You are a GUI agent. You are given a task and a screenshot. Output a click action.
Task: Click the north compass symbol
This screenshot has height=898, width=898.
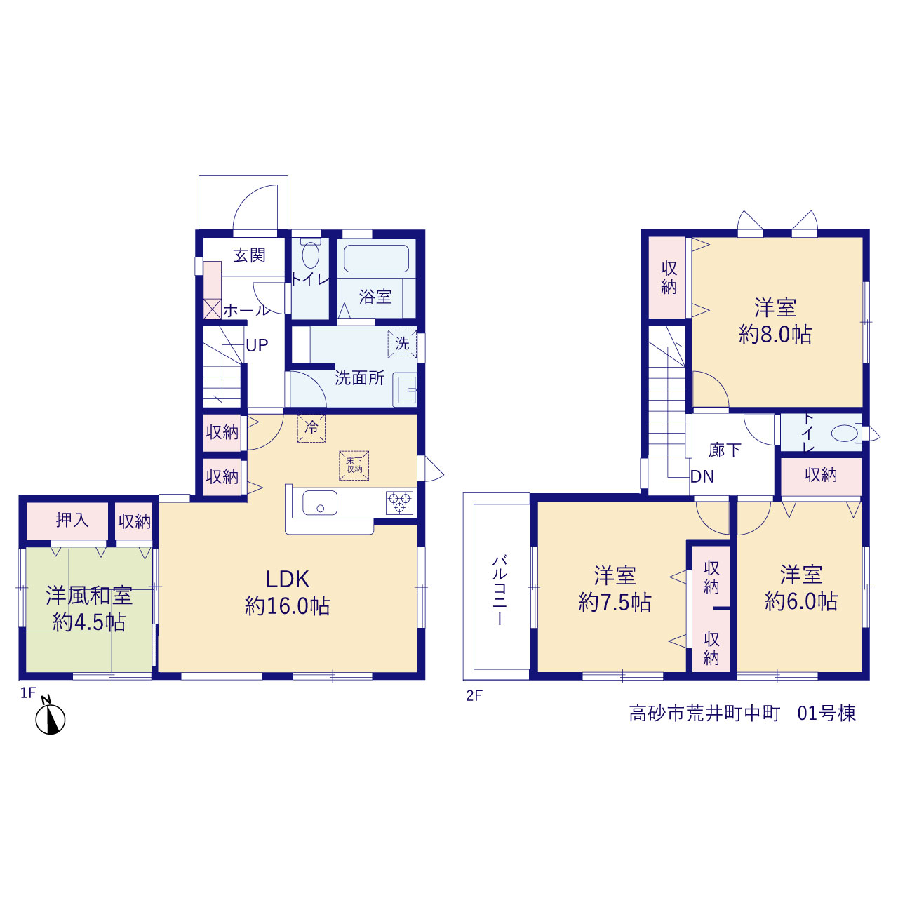50,718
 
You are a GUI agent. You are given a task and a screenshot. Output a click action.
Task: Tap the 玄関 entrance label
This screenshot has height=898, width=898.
249,255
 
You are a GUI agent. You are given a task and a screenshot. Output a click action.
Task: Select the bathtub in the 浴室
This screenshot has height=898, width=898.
376,258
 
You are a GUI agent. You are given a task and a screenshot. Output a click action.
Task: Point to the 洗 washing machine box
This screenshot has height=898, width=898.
402,344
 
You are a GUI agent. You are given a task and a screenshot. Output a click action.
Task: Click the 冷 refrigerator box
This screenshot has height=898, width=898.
311,427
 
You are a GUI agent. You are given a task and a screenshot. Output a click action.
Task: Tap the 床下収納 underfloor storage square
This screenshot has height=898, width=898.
354,465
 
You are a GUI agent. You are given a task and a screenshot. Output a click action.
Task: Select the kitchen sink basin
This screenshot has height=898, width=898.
320,503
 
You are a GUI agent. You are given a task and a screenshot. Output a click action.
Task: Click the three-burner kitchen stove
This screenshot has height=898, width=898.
399,503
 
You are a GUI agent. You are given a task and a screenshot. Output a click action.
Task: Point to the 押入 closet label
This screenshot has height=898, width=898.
72,520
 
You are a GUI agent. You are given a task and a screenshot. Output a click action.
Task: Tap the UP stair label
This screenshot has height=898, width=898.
257,345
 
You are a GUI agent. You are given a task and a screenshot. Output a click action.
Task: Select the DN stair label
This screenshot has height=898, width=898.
702,476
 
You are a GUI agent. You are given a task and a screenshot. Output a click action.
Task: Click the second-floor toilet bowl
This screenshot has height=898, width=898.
845,433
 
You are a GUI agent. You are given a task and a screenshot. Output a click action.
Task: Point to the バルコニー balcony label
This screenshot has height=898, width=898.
500,589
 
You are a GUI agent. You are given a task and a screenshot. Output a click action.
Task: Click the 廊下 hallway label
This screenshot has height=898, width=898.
725,450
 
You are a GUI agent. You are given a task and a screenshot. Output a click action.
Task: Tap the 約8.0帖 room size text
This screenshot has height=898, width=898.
775,335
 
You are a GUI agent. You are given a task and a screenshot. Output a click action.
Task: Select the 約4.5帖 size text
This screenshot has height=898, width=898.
89,622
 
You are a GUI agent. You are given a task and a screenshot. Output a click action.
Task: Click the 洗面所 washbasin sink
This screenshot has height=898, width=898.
405,389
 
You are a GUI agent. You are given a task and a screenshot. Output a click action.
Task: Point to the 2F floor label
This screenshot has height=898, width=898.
474,696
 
